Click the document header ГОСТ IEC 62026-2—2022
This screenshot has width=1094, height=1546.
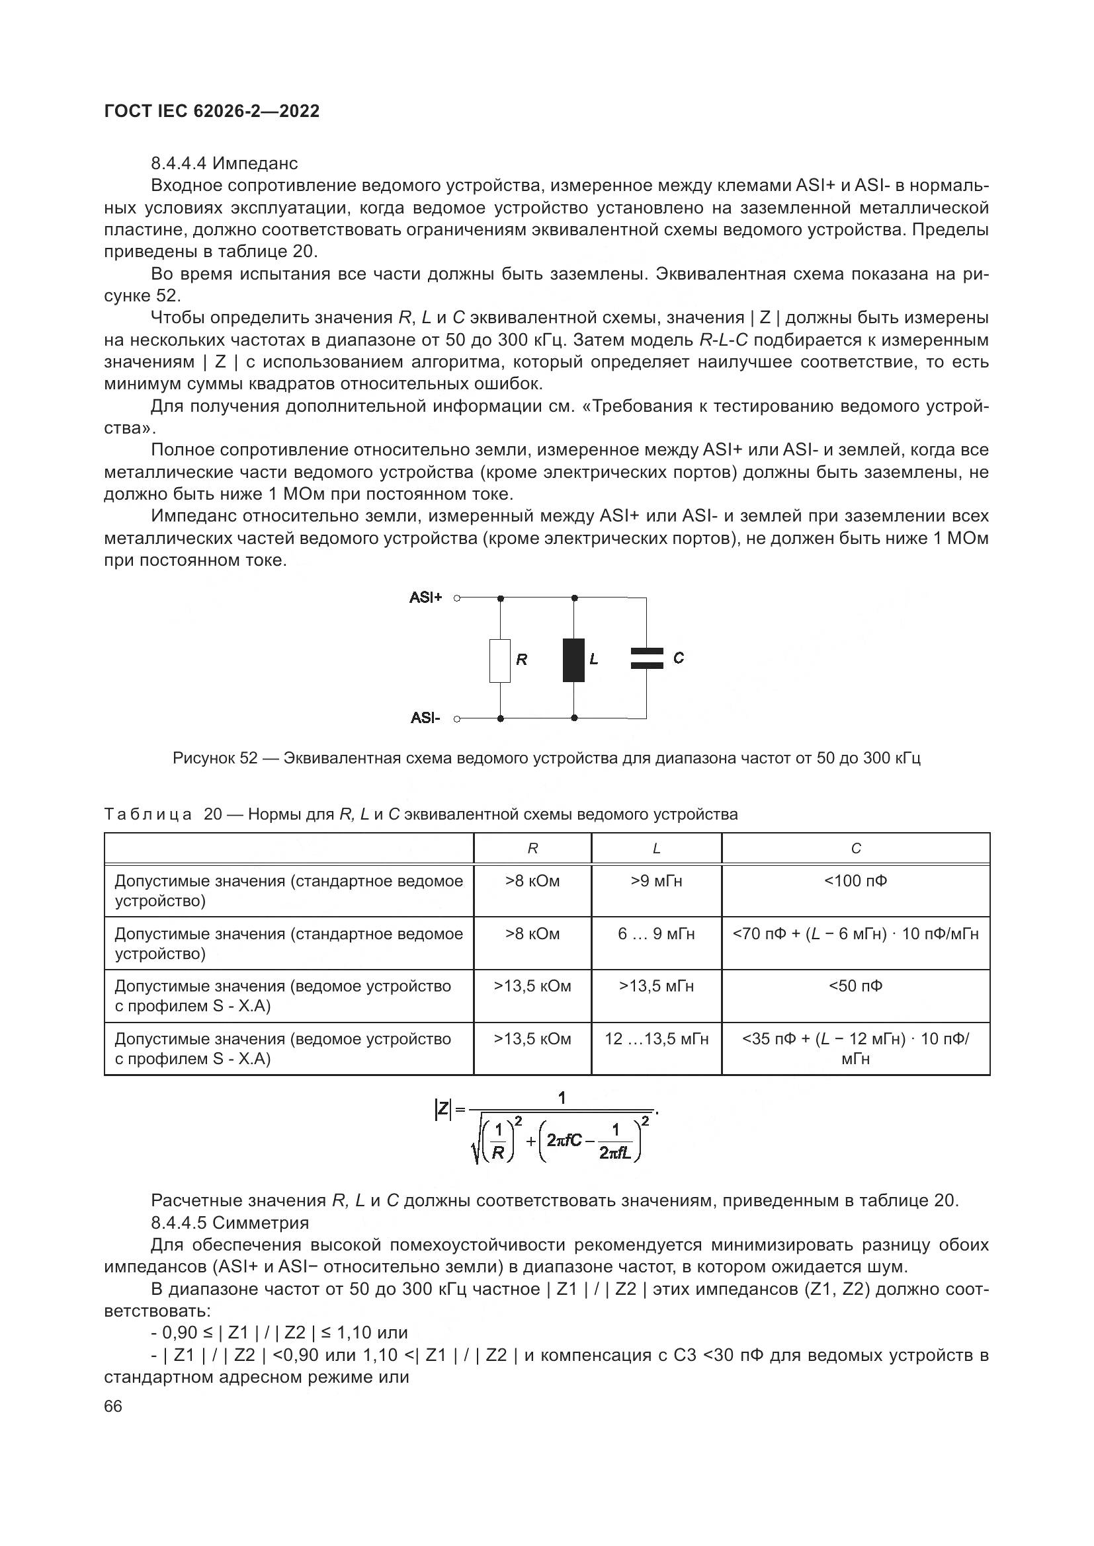pyautogui.click(x=212, y=111)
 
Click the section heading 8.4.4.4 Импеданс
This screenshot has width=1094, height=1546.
pyautogui.click(x=224, y=164)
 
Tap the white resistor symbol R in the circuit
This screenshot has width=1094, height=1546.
pyautogui.click(x=500, y=660)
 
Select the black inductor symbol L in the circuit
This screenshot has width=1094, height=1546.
pyautogui.click(x=573, y=660)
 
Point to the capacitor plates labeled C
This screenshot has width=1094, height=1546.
pyautogui.click(x=647, y=658)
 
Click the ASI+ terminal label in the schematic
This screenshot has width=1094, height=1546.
pyautogui.click(x=426, y=598)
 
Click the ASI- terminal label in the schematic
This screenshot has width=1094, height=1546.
pyautogui.click(x=426, y=718)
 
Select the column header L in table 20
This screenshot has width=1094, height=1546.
pyautogui.click(x=656, y=849)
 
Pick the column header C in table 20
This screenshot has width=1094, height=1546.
pyautogui.click(x=855, y=849)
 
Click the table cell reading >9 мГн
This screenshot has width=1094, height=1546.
pyautogui.click(x=656, y=882)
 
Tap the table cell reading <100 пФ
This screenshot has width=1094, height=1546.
pyautogui.click(x=855, y=882)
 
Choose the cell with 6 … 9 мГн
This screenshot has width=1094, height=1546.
pyautogui.click(x=656, y=934)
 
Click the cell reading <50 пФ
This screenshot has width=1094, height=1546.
pyautogui.click(x=855, y=986)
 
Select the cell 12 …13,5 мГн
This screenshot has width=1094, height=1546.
pyautogui.click(x=656, y=1039)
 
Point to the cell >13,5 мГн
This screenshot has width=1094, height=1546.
pyautogui.click(x=656, y=986)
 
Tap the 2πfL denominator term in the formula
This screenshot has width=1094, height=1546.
pyautogui.click(x=614, y=1153)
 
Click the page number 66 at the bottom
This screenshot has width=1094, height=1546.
pyautogui.click(x=113, y=1407)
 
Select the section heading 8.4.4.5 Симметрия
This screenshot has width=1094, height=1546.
pyautogui.click(x=230, y=1223)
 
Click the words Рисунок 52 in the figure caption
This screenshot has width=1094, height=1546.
pyautogui.click(x=215, y=758)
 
